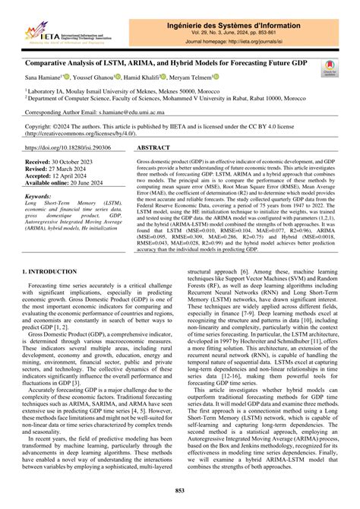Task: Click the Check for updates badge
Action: (330, 68)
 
